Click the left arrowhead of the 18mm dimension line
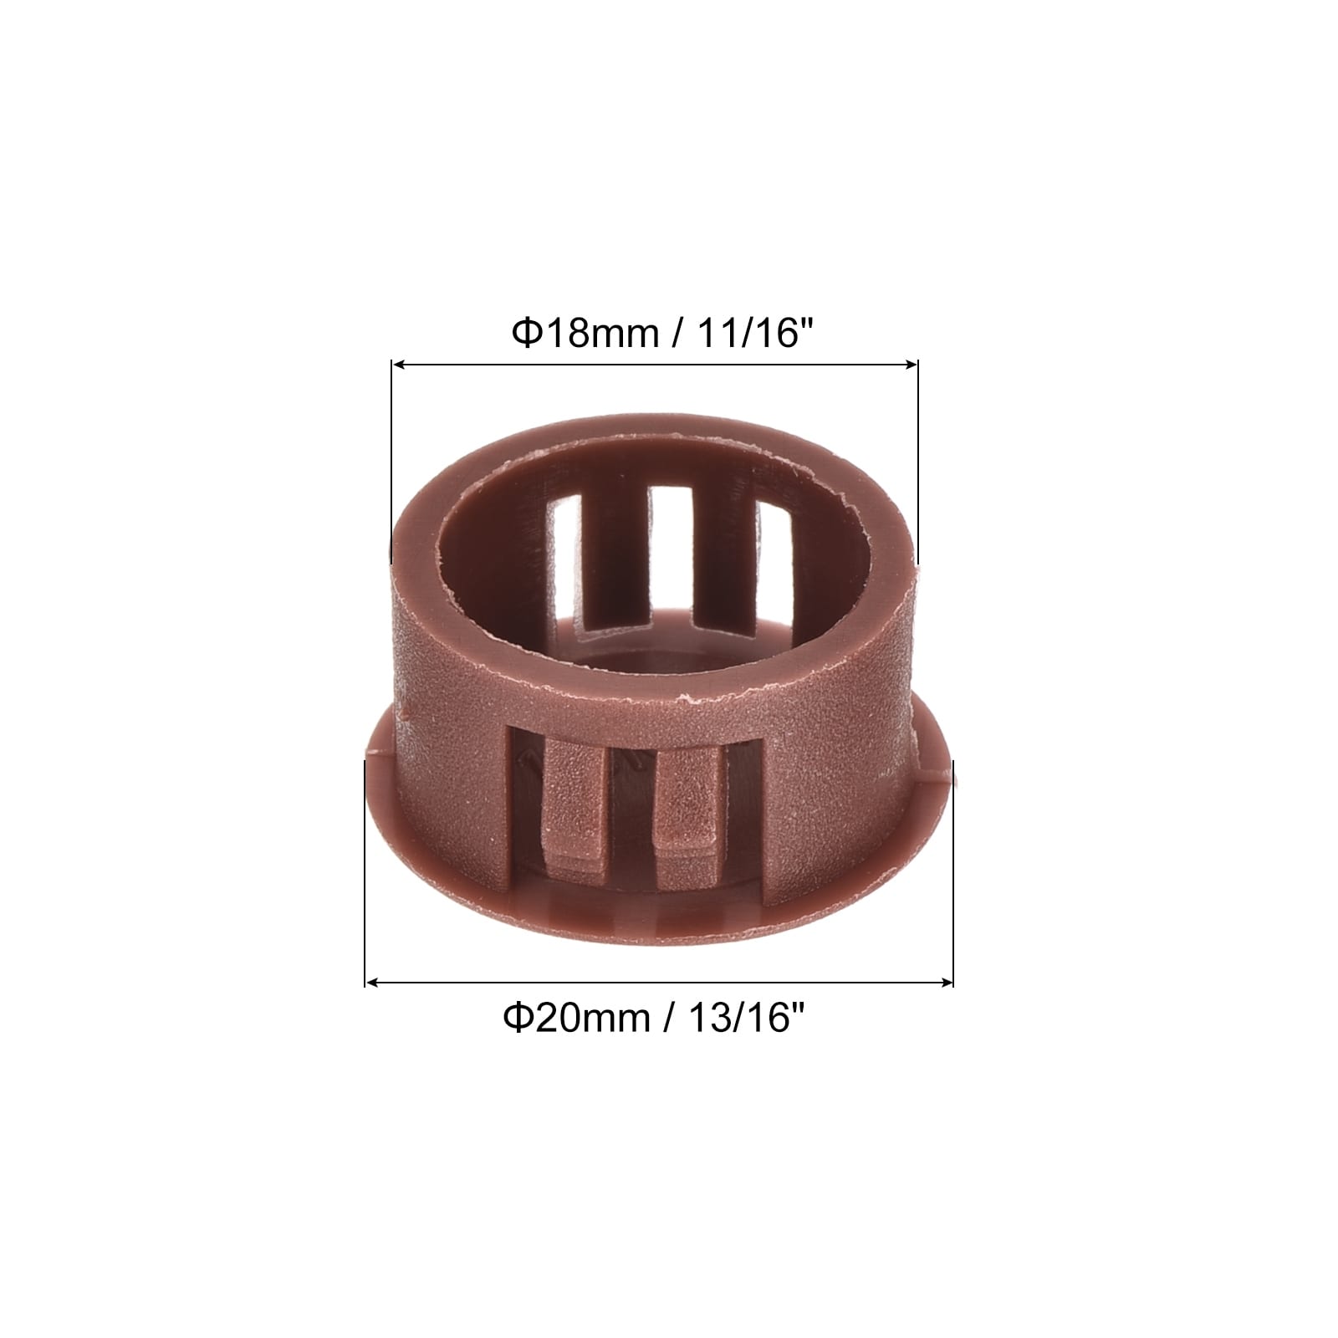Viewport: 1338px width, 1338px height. pos(399,364)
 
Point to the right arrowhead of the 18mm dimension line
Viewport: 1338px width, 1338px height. pos(911,364)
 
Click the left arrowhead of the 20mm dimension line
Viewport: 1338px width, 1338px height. pos(373,982)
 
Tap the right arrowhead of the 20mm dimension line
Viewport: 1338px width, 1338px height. pos(946,982)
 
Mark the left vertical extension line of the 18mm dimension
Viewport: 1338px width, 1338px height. pos(391,462)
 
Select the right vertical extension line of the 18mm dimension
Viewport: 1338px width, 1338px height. pos(918,462)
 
